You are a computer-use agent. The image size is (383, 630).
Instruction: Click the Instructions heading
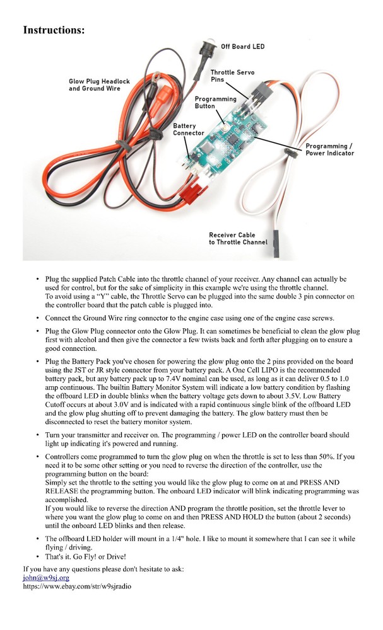point(54,30)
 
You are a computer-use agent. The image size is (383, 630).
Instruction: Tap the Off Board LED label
point(242,47)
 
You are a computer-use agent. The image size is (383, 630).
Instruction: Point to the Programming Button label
point(215,103)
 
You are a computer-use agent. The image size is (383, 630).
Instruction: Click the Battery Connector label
point(188,130)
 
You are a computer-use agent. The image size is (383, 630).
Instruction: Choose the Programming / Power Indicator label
point(329,149)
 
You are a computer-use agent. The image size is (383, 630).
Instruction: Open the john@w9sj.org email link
point(46,577)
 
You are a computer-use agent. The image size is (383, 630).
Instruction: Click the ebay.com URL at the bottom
point(78,585)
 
